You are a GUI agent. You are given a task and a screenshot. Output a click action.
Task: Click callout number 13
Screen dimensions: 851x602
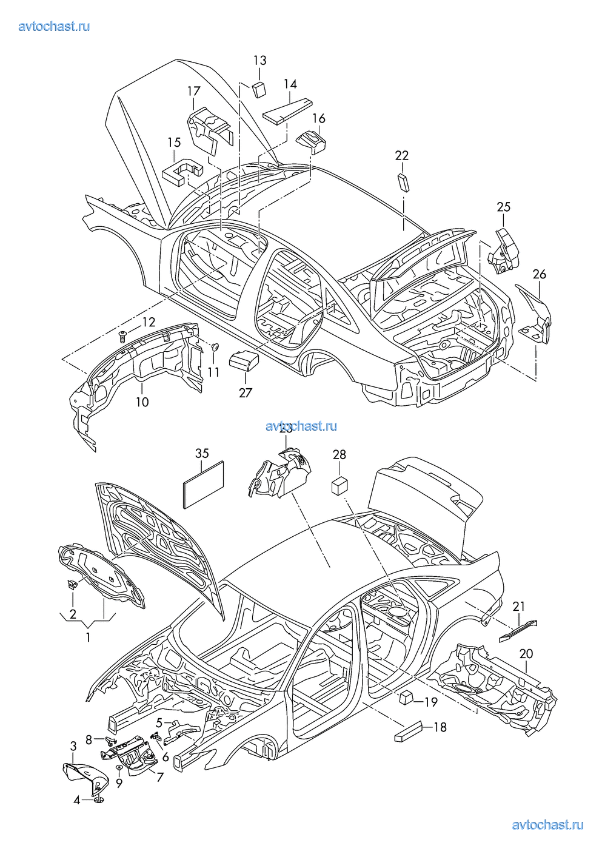pyautogui.click(x=259, y=60)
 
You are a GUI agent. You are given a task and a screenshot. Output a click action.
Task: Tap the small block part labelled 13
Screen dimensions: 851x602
pyautogui.click(x=259, y=89)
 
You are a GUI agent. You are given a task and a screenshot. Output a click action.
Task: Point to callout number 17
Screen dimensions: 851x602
pyautogui.click(x=193, y=91)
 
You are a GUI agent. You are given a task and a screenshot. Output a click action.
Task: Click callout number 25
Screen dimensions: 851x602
pyautogui.click(x=504, y=207)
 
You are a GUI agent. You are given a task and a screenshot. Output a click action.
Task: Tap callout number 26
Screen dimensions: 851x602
pyautogui.click(x=539, y=274)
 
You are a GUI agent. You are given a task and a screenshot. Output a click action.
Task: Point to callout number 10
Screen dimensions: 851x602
pyautogui.click(x=142, y=402)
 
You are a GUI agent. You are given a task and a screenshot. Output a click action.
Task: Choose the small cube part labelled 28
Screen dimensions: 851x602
pyautogui.click(x=338, y=485)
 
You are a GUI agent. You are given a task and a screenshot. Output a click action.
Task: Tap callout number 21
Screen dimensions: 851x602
pyautogui.click(x=519, y=606)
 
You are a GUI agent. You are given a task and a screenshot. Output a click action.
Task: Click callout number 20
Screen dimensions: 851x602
pyautogui.click(x=526, y=653)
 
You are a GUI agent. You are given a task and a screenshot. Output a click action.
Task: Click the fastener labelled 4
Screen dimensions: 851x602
pyautogui.click(x=99, y=800)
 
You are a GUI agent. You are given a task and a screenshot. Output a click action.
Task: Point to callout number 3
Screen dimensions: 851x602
pyautogui.click(x=73, y=746)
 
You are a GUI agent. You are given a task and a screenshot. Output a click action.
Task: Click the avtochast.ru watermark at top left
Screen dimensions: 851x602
pyautogui.click(x=55, y=26)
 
